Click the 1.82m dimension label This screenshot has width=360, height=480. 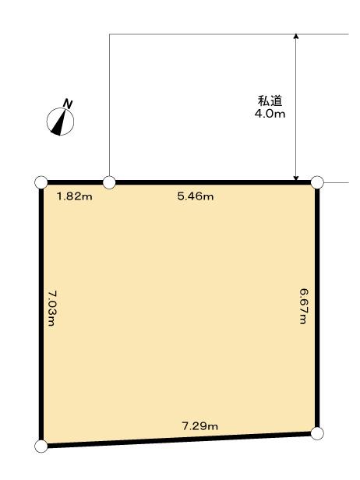point(75,196)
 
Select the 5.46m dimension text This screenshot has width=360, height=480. point(195,196)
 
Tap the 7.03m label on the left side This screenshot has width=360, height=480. point(53,308)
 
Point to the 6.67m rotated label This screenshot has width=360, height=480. point(305,306)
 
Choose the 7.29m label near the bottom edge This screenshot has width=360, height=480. point(199,425)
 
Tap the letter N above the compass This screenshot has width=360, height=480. point(69,104)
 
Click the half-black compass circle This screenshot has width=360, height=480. point(60,122)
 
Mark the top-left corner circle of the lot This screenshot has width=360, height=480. point(41,182)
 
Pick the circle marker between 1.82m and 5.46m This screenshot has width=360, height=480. point(110,182)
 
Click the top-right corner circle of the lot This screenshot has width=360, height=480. point(317,182)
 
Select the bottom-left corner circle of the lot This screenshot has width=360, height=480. point(41,446)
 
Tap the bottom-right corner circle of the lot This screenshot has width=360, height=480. point(317,432)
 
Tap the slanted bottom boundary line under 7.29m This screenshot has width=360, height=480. point(179,439)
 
